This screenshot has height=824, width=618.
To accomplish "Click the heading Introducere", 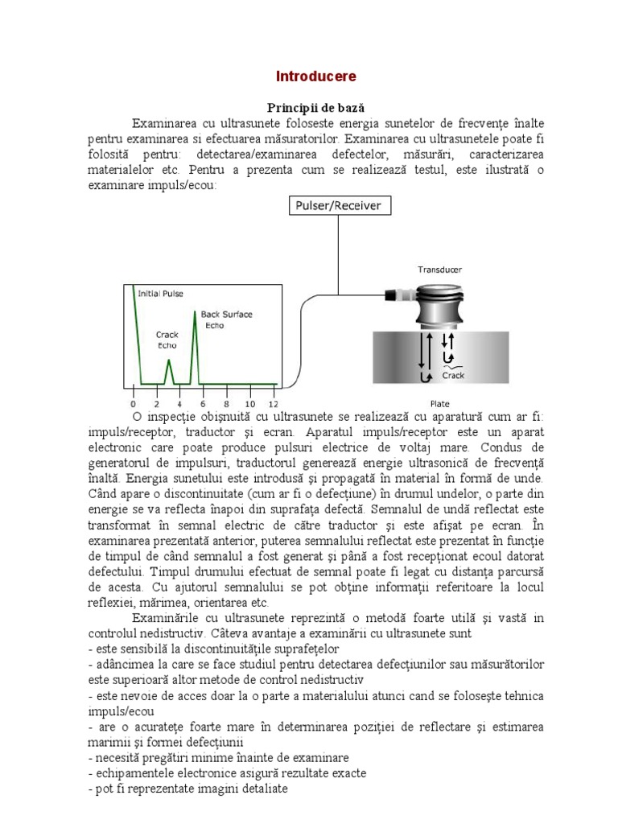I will pos(315,76).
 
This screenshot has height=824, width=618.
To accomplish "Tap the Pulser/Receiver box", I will pos(338,206).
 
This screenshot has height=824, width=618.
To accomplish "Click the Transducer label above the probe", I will pos(439,270).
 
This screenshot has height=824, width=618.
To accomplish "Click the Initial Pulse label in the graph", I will pos(161,294).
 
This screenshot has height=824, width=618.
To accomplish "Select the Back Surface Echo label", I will pos(220,319).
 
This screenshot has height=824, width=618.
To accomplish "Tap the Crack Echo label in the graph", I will pos(167,339).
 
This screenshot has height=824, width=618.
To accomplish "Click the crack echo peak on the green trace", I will pos(169,361).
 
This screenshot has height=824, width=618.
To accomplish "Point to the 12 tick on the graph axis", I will pos(274,403).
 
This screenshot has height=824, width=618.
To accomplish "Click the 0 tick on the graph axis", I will pos(133,403).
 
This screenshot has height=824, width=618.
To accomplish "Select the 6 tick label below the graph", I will pos(203,403).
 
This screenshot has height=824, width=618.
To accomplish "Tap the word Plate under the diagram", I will pos(439,403).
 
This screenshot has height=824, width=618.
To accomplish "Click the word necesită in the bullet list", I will pos(117,758).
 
